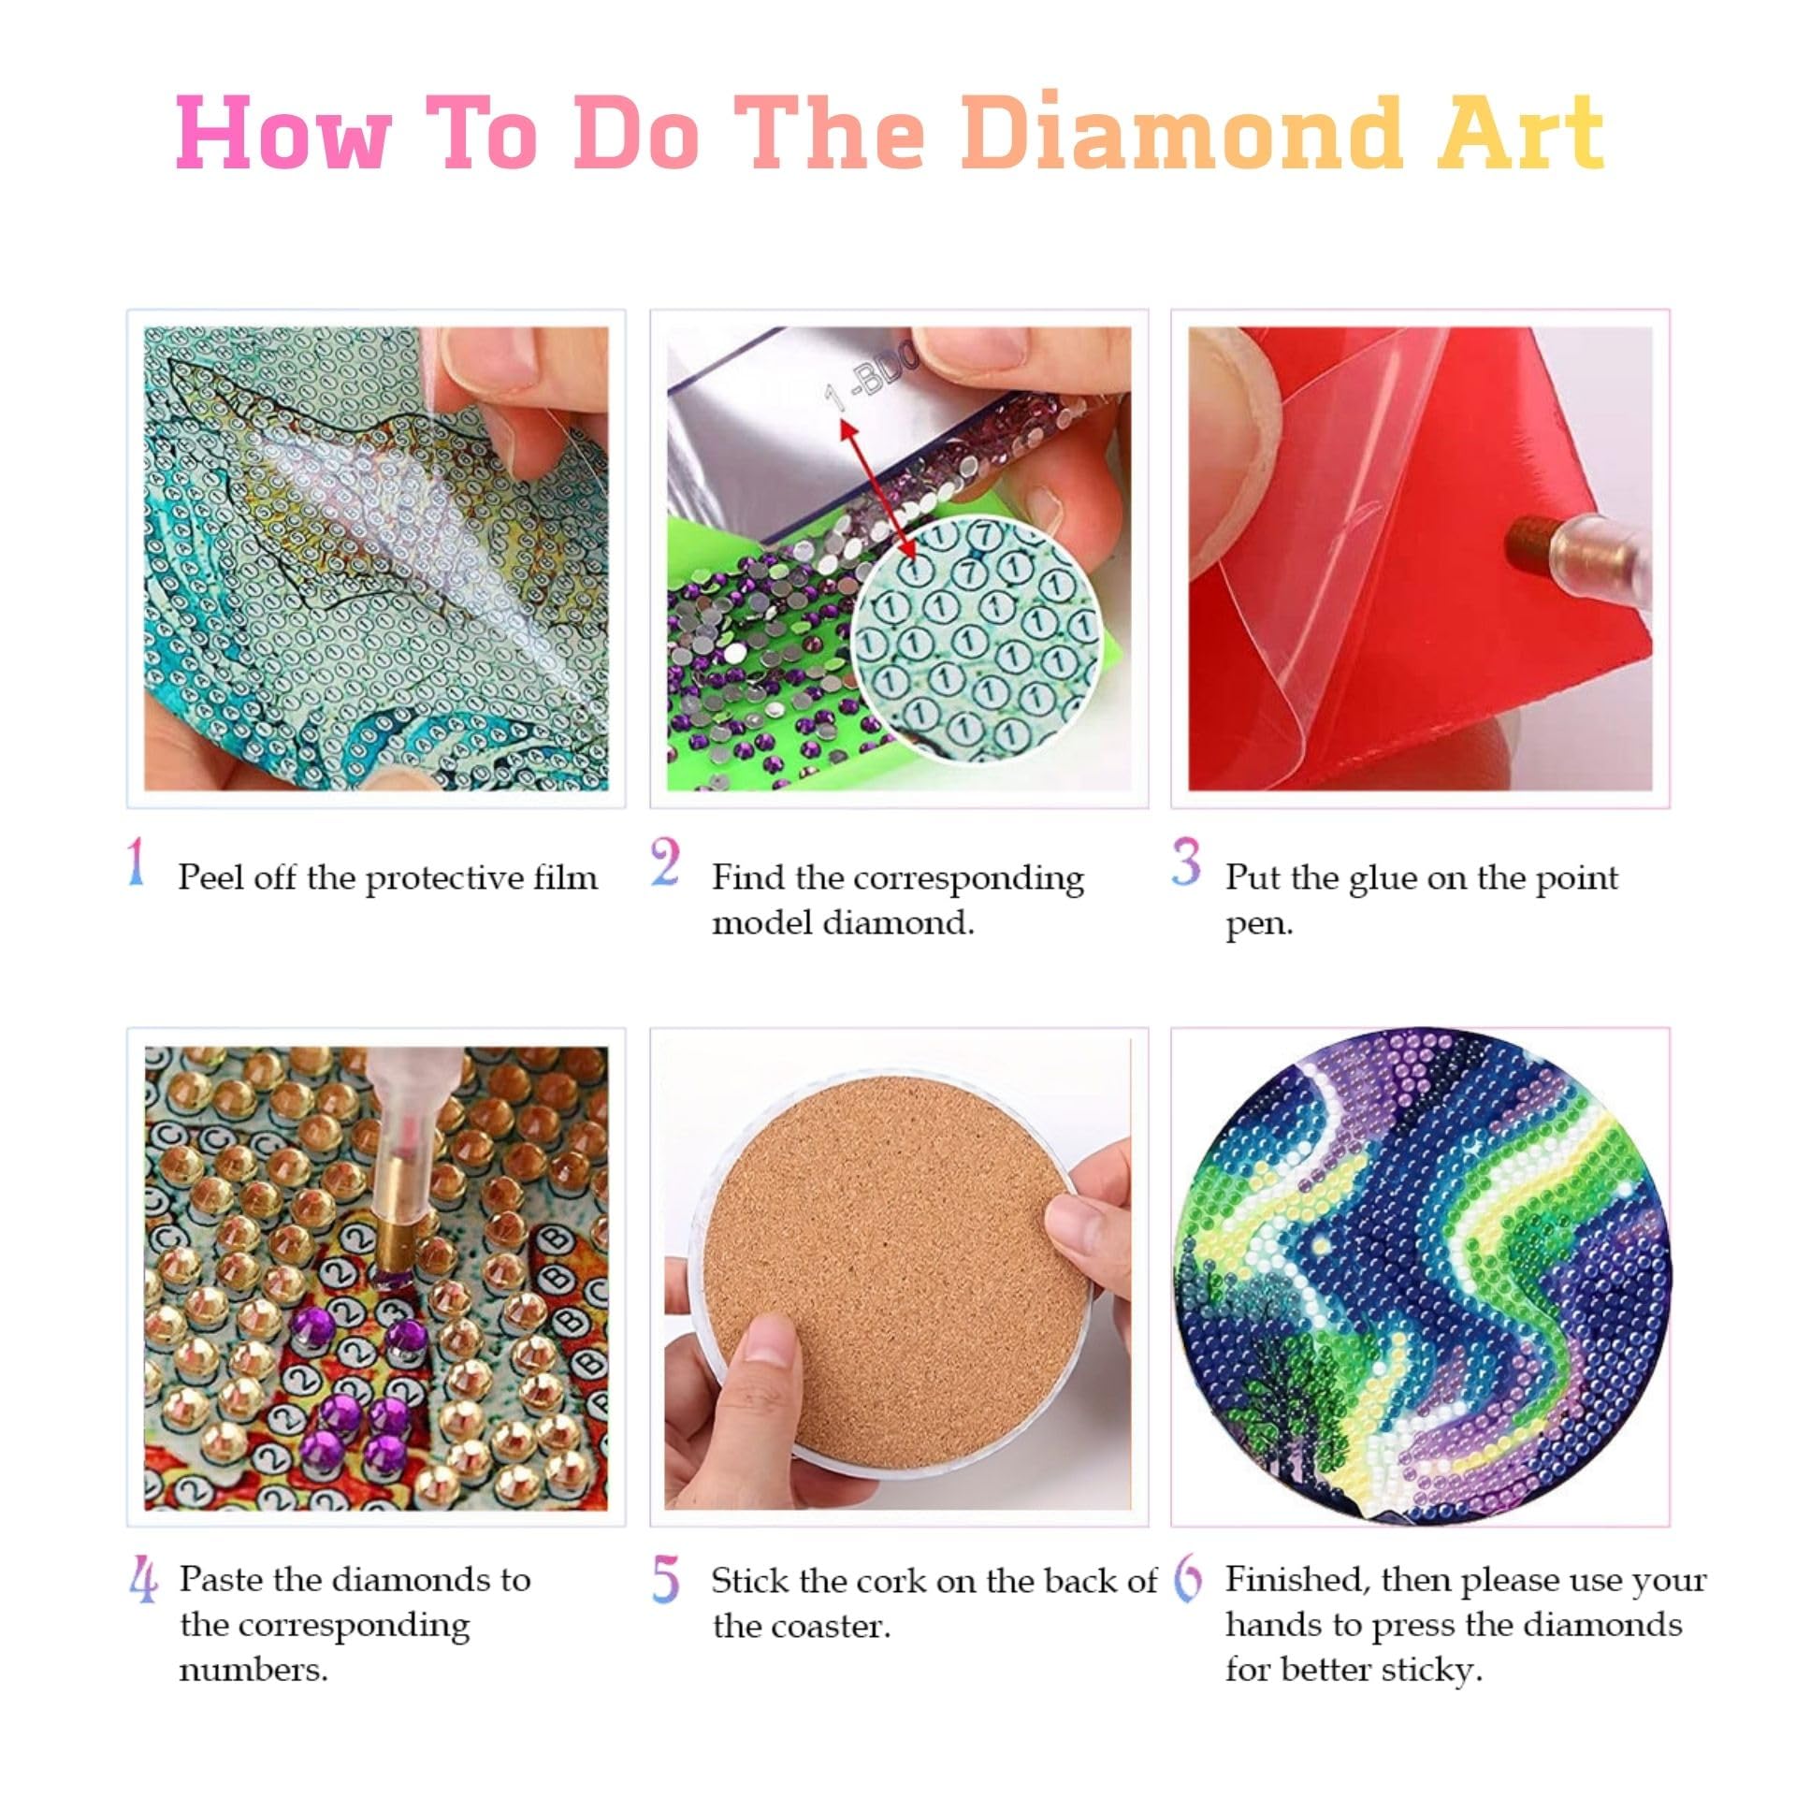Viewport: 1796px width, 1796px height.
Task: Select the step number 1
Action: tap(137, 862)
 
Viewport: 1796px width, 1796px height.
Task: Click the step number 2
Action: tap(665, 862)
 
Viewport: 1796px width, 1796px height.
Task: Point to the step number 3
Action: tap(1186, 862)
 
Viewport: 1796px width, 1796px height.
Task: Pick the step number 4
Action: tap(143, 1580)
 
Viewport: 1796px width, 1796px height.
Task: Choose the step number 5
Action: tap(665, 1580)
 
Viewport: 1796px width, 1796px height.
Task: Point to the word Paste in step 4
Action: tap(221, 1580)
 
